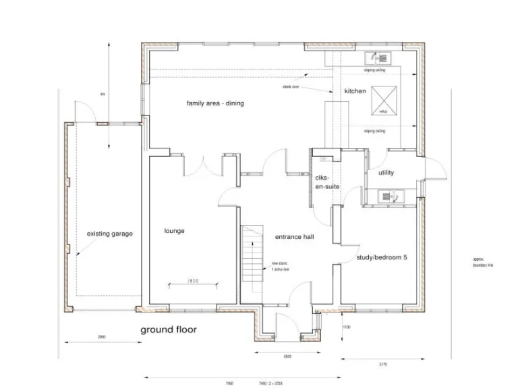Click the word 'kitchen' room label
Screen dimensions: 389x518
tap(355, 91)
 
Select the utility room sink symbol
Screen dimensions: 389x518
tap(386, 197)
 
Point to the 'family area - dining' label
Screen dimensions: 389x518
tap(215, 103)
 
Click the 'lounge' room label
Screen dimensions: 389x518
tap(174, 231)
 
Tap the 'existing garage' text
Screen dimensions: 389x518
tap(110, 234)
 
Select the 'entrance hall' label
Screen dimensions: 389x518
tap(294, 238)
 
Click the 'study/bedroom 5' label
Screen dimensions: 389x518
tap(382, 258)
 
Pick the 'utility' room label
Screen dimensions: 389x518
tap(386, 173)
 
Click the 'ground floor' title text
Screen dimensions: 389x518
tap(168, 330)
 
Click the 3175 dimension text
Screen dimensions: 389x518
tap(383, 365)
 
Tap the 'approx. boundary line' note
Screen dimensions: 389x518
tap(484, 262)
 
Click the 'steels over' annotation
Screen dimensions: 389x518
tap(291, 87)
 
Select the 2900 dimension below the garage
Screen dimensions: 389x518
tap(101, 336)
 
